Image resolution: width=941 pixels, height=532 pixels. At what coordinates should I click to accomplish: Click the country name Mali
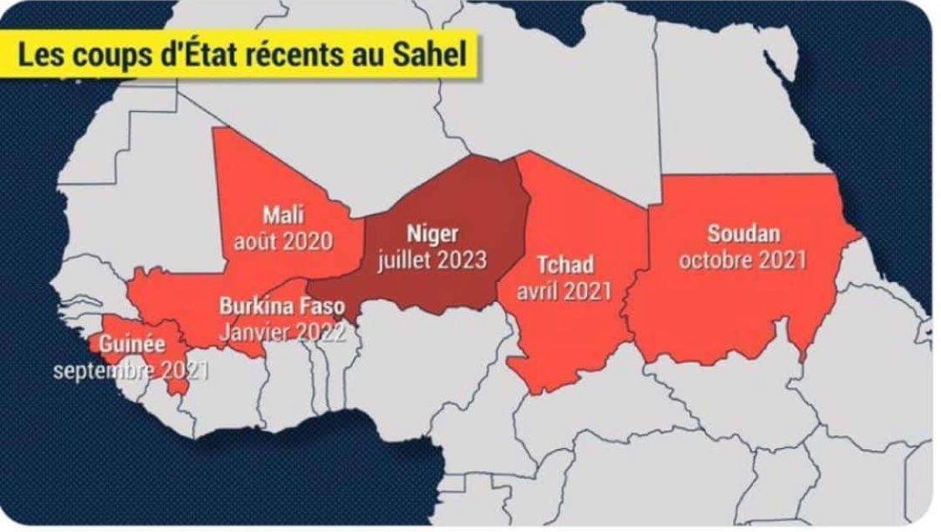point(282,214)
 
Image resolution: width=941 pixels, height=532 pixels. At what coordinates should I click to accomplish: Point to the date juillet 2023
point(432,259)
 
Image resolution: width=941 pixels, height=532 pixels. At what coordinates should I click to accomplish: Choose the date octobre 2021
point(742,259)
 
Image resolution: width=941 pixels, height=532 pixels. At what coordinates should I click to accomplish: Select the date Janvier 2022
point(283,332)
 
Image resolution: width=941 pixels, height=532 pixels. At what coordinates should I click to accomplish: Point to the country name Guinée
point(131,343)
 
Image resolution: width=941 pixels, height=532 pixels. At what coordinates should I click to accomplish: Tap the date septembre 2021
point(130,369)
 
